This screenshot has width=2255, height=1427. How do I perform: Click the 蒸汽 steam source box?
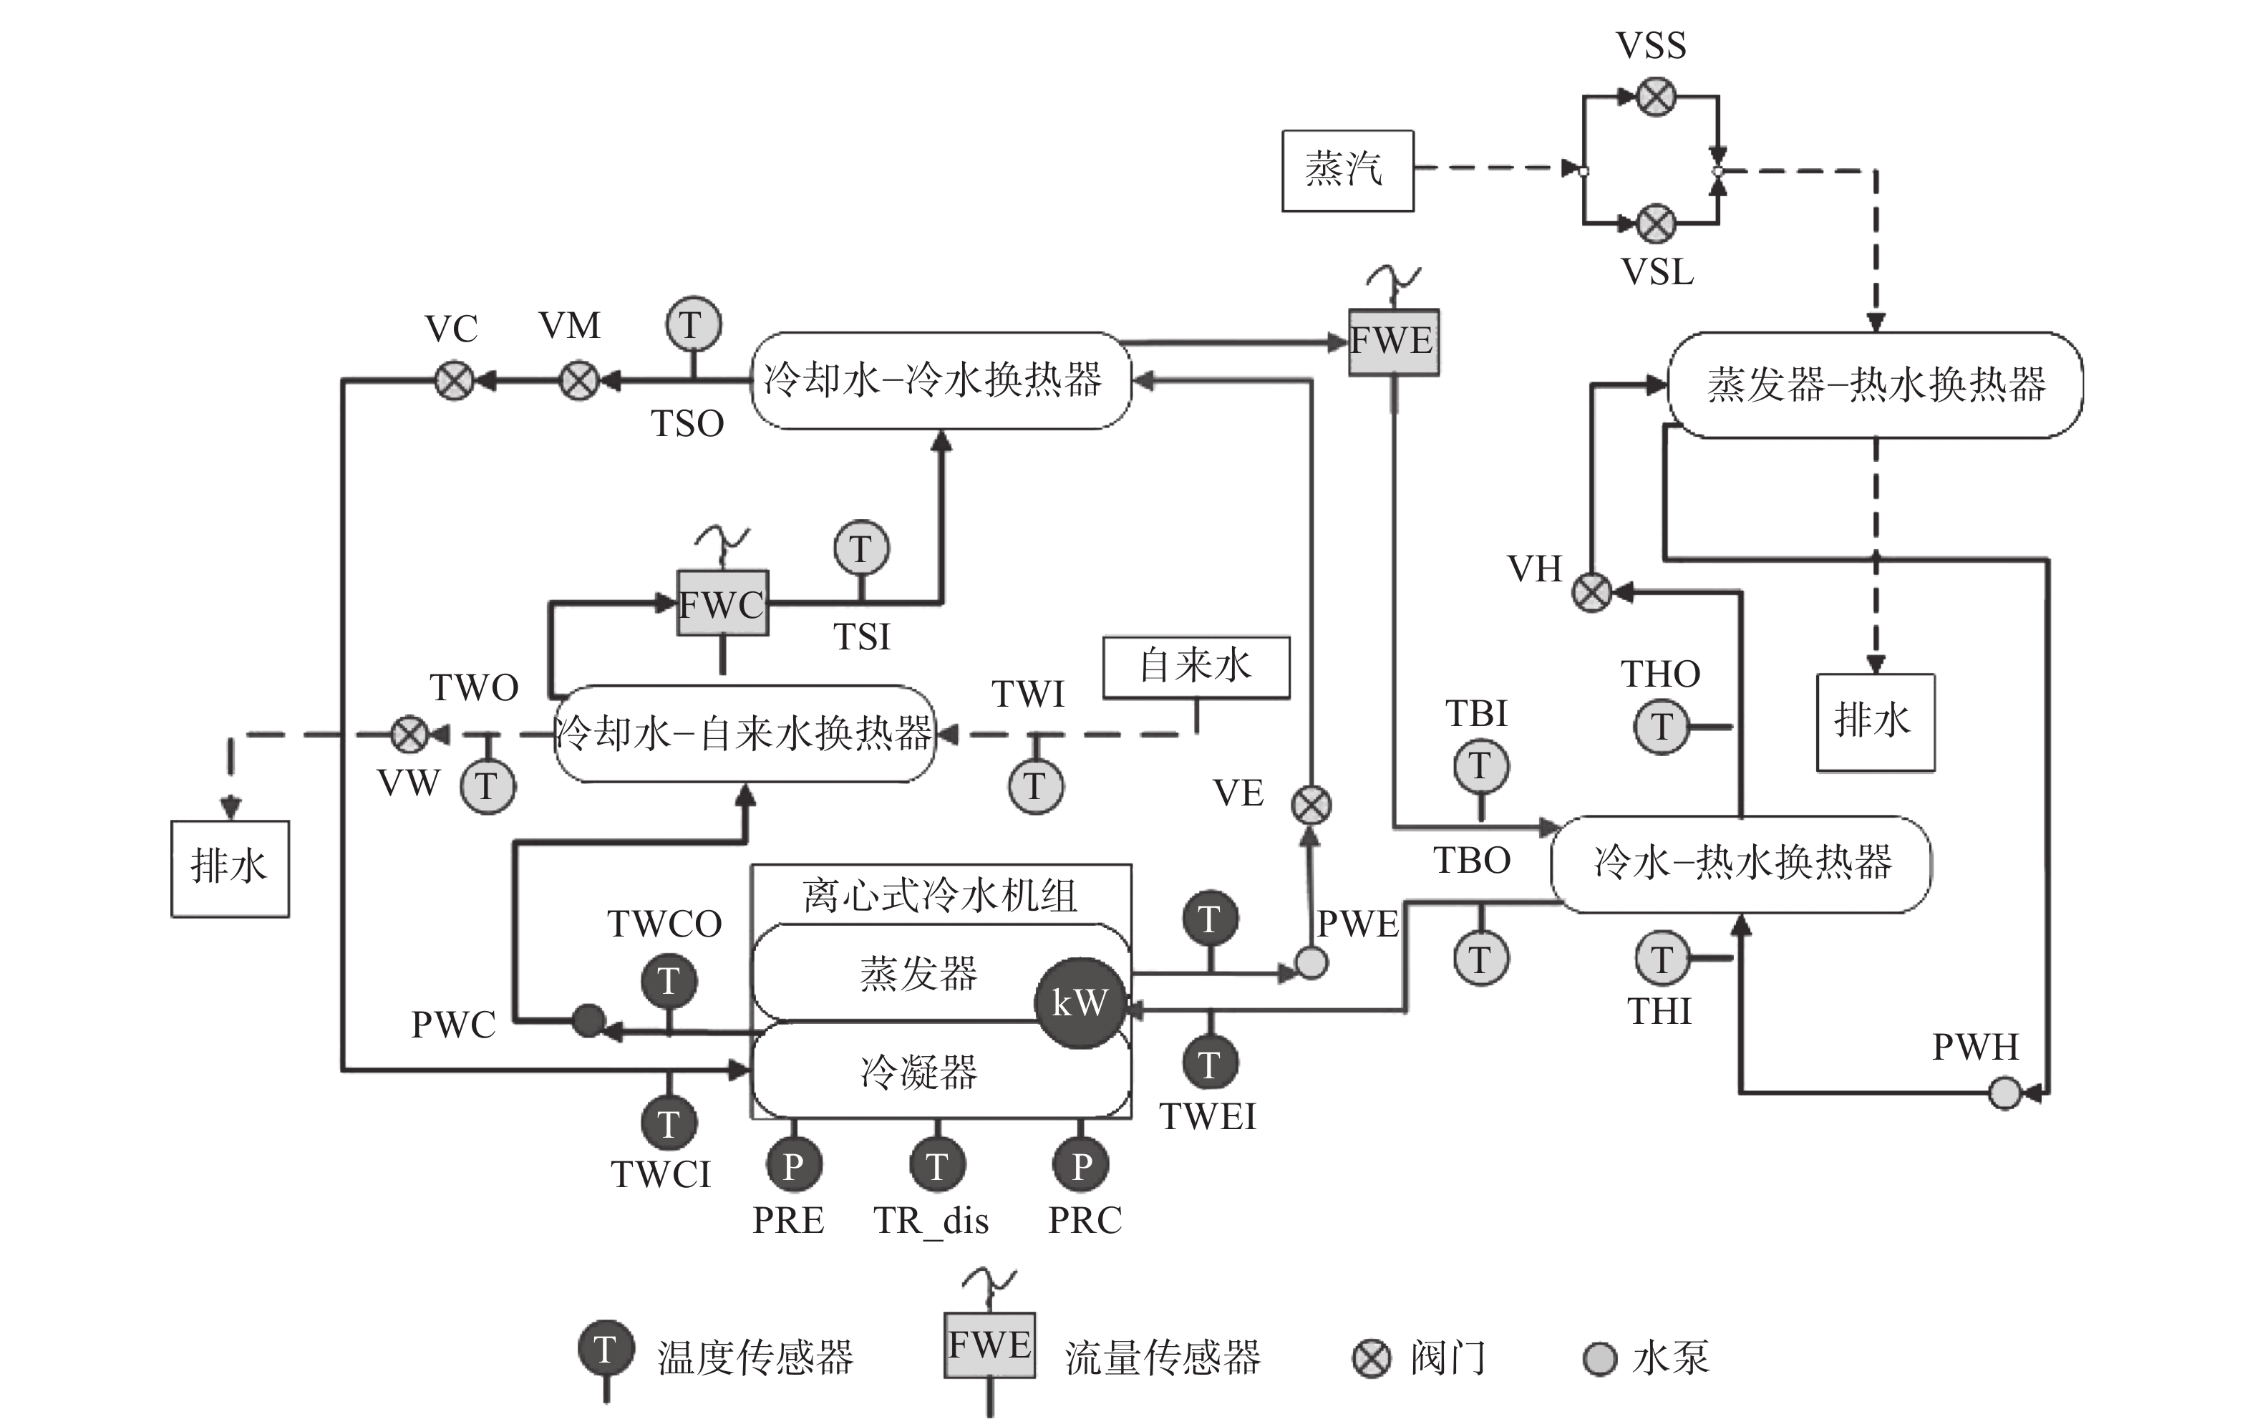tap(1347, 170)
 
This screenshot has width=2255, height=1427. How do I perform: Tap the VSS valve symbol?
tap(1657, 97)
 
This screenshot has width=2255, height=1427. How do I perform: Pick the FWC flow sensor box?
tap(723, 603)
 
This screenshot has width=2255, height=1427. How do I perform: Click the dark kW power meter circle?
tap(1080, 1003)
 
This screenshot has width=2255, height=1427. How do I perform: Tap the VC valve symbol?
tap(455, 381)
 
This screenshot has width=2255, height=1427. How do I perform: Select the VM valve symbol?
tap(578, 381)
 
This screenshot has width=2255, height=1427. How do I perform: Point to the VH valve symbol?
tap(1591, 591)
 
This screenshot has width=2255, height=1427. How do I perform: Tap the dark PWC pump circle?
tap(588, 1020)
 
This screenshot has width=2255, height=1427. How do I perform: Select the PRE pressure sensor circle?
tap(794, 1165)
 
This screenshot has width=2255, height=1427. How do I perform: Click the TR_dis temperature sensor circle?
tap(937, 1165)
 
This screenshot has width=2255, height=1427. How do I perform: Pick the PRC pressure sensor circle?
tap(1081, 1165)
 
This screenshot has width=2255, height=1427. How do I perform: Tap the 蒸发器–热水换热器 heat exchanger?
tap(1876, 384)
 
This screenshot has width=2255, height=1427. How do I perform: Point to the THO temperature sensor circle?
tap(1662, 727)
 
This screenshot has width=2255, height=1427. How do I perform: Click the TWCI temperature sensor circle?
tap(669, 1123)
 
